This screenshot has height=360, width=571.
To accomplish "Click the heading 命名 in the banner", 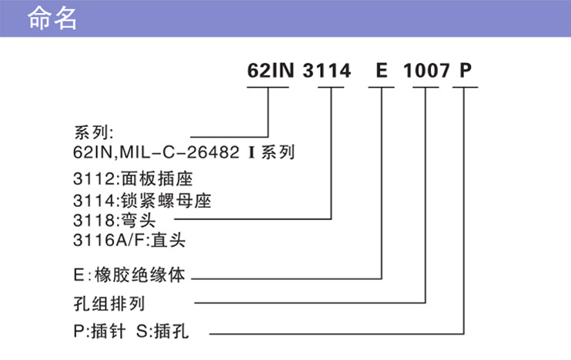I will tap(52, 18).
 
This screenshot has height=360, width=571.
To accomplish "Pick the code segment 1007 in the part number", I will tap(426, 72).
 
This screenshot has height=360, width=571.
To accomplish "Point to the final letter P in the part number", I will tap(465, 72).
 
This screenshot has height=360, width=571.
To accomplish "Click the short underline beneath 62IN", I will tap(267, 88).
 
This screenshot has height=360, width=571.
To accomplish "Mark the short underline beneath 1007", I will tap(426, 88).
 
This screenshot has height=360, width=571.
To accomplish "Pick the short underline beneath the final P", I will tap(465, 88).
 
